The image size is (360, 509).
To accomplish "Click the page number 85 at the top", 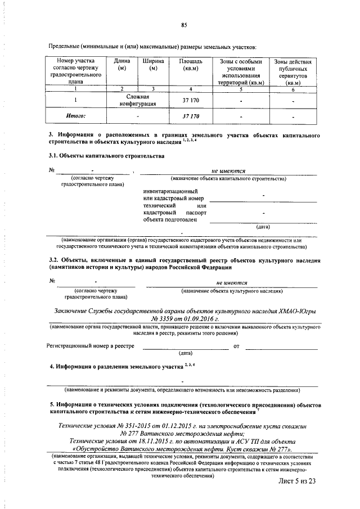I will tap(184, 24).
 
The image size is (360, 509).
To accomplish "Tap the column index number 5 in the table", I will tap(240, 89).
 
